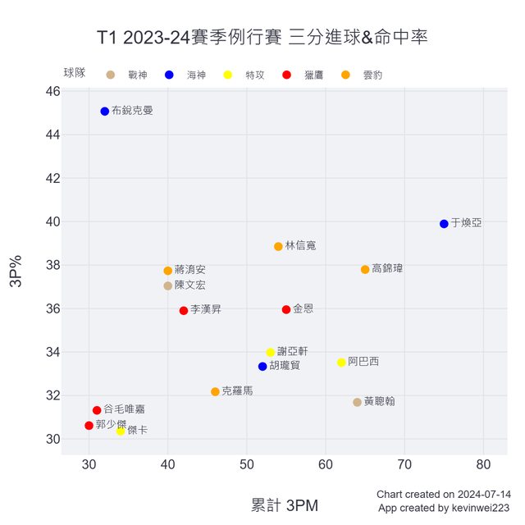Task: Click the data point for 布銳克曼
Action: click(105, 112)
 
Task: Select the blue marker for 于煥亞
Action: click(444, 224)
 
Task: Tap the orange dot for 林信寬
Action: click(278, 246)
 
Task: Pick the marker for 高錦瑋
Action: click(365, 269)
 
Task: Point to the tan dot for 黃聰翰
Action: click(357, 402)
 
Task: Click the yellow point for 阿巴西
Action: click(341, 362)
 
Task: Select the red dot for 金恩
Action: click(286, 309)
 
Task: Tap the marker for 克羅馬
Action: click(215, 392)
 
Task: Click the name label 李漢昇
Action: click(205, 310)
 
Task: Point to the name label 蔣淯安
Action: click(189, 270)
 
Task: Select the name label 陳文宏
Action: click(189, 285)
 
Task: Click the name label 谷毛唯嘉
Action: click(124, 409)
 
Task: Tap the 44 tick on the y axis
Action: click(52, 135)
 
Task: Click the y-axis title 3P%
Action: click(16, 272)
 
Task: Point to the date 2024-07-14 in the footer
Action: click(483, 495)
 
